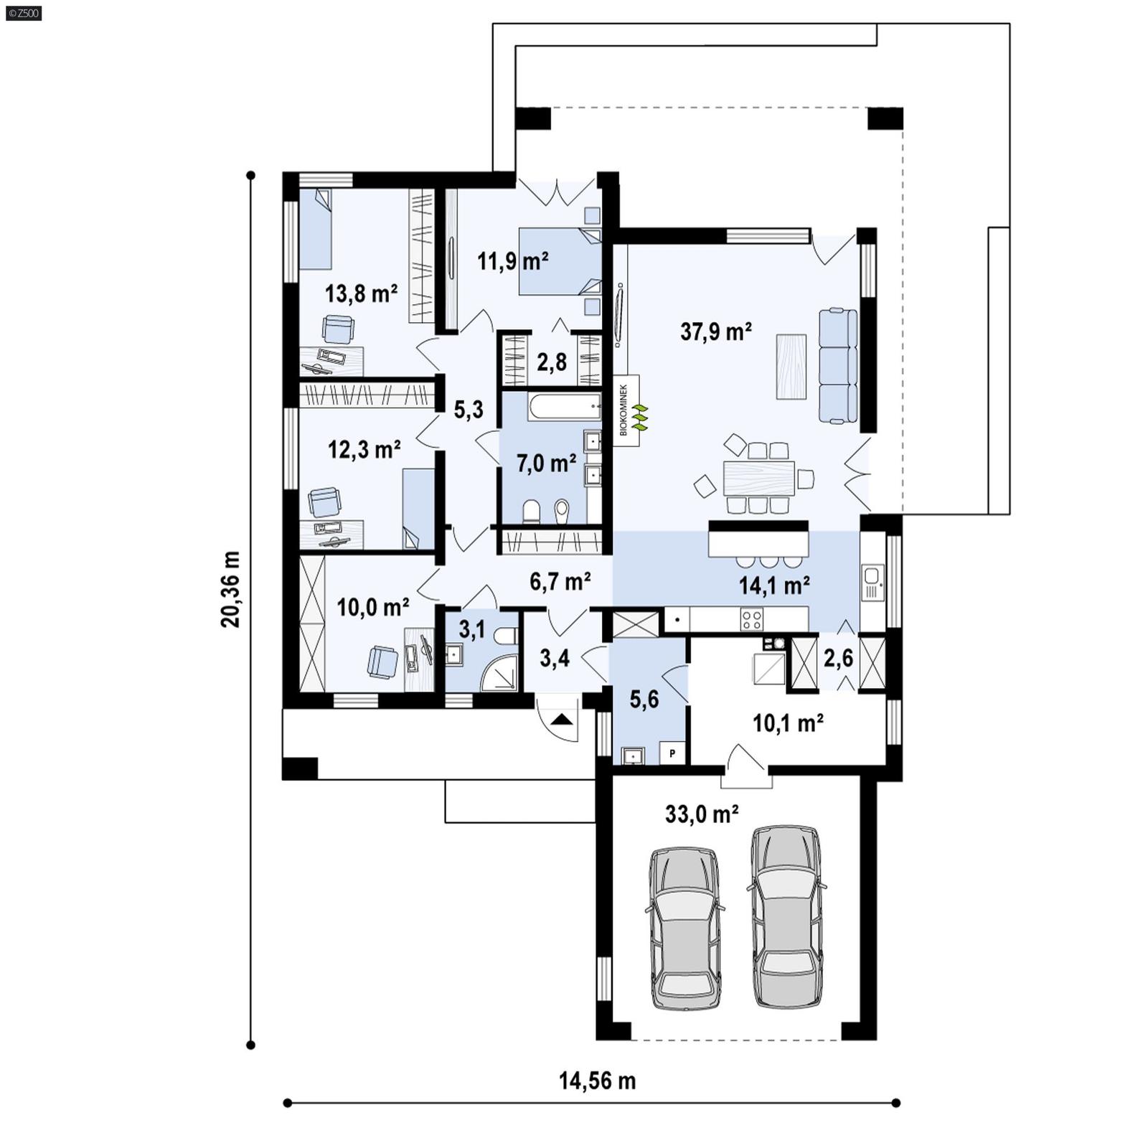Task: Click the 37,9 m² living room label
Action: coord(715,331)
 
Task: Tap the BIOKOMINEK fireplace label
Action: coord(624,410)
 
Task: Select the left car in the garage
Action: coord(684,930)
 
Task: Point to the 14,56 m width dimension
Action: coord(597,1081)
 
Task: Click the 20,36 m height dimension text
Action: coord(230,589)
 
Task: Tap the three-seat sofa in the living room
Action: coord(838,366)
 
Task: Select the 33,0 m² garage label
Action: coord(702,814)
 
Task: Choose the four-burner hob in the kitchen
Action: coord(752,618)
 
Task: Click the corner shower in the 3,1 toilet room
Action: coord(499,673)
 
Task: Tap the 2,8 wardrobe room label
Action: coord(552,362)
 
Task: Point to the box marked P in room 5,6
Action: coord(672,753)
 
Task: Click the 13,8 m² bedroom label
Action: coord(361,293)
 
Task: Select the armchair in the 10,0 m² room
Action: coord(382,661)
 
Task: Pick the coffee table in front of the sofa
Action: coord(790,367)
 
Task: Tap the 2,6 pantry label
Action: coord(837,657)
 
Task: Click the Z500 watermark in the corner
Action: coord(23,12)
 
